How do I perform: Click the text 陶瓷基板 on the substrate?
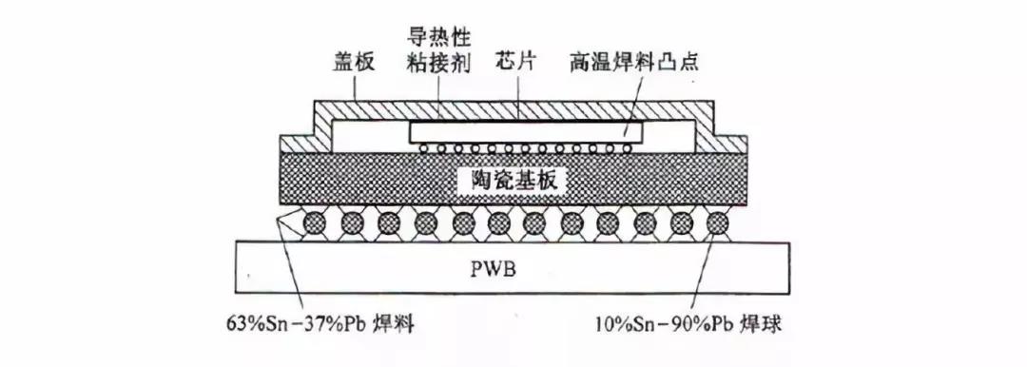[x=514, y=180]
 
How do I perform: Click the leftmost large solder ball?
[x=316, y=225]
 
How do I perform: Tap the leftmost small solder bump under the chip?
[x=418, y=149]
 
